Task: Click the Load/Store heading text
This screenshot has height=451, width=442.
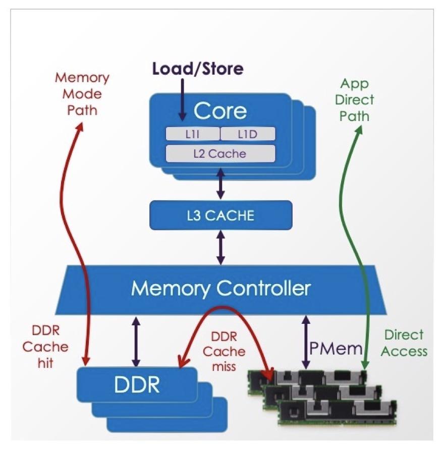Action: coord(197,69)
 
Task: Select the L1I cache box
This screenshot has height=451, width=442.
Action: coord(192,133)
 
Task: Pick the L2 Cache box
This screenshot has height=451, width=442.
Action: coord(220,153)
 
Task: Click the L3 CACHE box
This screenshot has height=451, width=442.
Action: coord(220,215)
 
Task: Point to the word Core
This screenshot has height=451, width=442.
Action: coord(220,110)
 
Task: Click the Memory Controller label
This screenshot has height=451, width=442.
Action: coord(220,289)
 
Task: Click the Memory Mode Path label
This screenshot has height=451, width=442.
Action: coord(82,94)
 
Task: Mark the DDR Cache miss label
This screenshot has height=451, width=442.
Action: coord(228,351)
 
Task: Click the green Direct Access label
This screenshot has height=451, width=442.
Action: coord(404,343)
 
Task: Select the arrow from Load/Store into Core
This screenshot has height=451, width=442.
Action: coord(182,96)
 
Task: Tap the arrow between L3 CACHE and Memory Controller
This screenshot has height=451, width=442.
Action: coord(220,247)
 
